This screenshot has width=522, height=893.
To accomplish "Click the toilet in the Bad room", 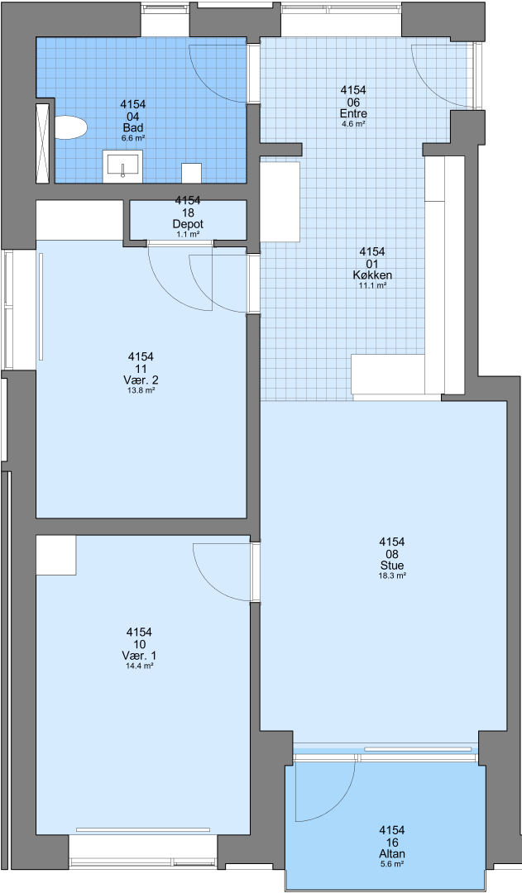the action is tap(70, 127).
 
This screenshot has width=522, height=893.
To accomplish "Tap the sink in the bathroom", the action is tap(122, 166).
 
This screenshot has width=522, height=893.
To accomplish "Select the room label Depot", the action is tap(188, 224).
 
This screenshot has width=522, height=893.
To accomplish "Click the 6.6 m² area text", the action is tap(133, 138).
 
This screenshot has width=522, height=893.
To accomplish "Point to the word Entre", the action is tap(353, 114).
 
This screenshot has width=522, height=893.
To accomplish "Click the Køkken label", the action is tap(372, 275).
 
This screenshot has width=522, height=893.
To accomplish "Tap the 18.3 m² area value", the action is tap(392, 575).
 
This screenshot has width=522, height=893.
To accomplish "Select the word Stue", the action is tap(392, 566).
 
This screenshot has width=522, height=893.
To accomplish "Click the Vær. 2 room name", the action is tap(141, 380).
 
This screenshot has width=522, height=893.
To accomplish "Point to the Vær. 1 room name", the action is tap(139, 656).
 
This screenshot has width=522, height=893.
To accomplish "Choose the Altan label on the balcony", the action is tap(392, 853).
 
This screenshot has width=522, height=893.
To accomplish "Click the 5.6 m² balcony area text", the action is tap(392, 864).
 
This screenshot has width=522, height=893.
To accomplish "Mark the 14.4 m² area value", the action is tap(139, 666).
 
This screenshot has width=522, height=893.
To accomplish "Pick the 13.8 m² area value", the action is tap(141, 390).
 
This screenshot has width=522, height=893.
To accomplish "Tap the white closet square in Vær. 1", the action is tap(56, 556).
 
